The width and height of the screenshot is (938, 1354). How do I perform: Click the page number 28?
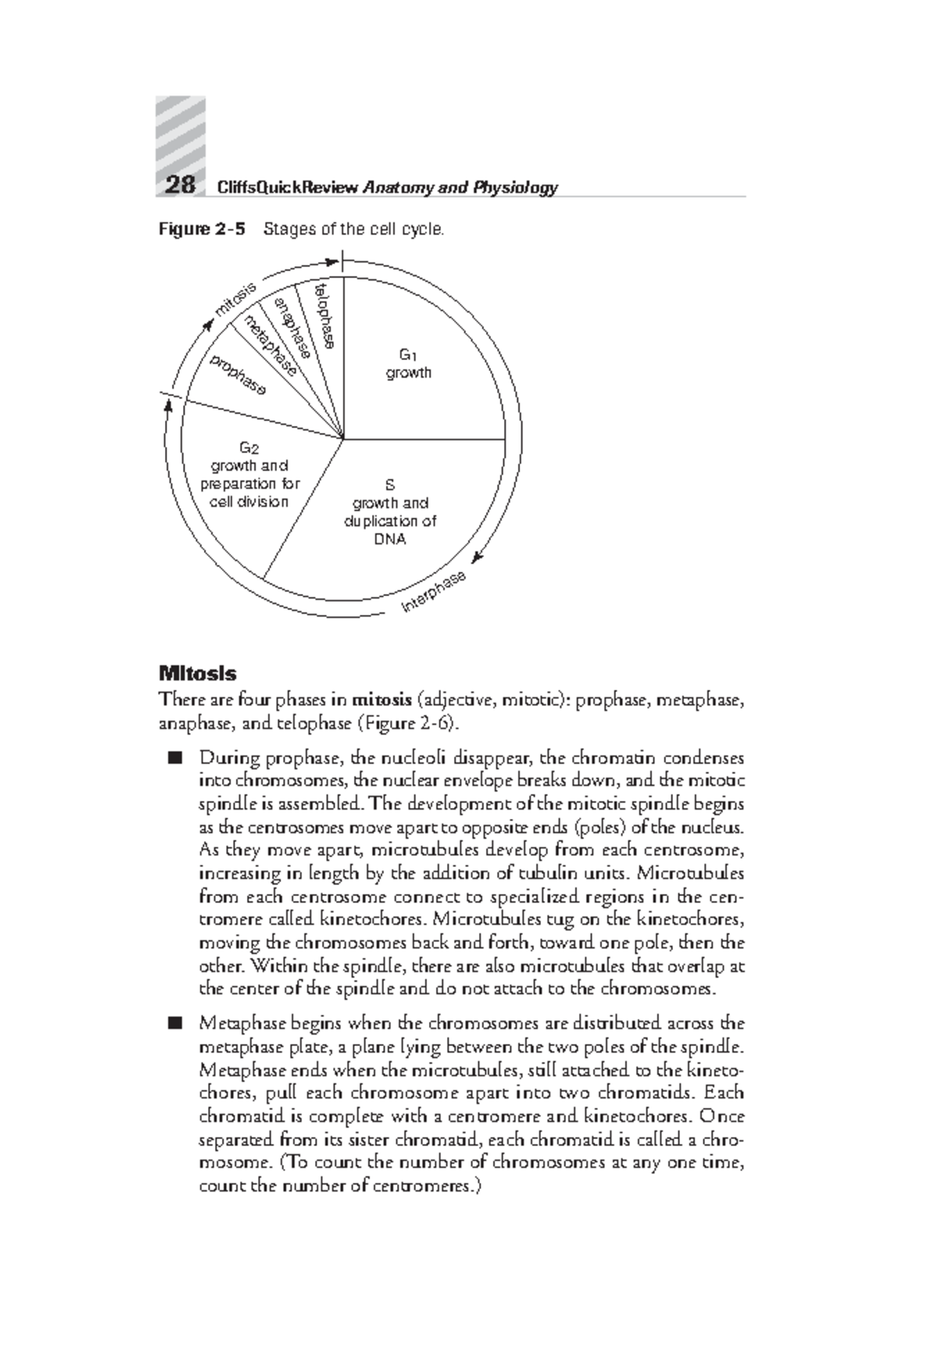[x=180, y=185]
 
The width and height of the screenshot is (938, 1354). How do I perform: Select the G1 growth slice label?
[x=408, y=365]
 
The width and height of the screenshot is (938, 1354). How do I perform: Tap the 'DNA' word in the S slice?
[x=390, y=539]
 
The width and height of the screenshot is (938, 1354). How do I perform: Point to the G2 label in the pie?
[x=249, y=448]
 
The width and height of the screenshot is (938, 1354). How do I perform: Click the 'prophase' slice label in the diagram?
[x=238, y=373]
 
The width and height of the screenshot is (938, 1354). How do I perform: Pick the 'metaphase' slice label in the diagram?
[x=270, y=344]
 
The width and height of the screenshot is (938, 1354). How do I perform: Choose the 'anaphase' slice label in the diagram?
[x=293, y=327]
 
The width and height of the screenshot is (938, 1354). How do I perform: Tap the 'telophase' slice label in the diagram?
[x=324, y=316]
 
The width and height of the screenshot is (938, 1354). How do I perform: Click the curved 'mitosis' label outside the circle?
[x=235, y=300]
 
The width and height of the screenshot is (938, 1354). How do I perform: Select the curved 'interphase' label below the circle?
[x=434, y=591]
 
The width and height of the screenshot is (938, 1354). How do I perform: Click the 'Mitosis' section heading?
[x=198, y=673]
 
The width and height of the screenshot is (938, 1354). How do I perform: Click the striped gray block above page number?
[x=181, y=133]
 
